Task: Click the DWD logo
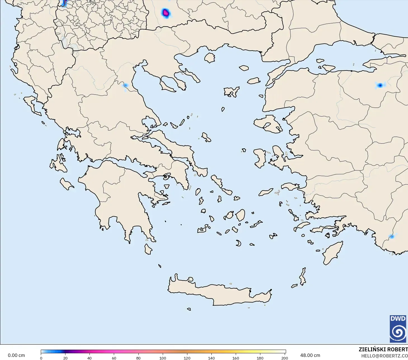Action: pyautogui.click(x=398, y=329)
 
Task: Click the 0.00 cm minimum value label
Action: pyautogui.click(x=16, y=355)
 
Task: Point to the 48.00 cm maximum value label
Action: pyautogui.click(x=310, y=355)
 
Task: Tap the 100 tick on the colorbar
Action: pyautogui.click(x=163, y=358)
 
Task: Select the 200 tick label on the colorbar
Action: pyautogui.click(x=284, y=358)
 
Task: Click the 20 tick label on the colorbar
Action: pyautogui.click(x=65, y=358)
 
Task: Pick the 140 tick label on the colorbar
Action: pyautogui.click(x=211, y=358)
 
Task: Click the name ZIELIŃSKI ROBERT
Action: pyautogui.click(x=383, y=349)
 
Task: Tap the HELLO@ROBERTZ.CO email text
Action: pyautogui.click(x=384, y=356)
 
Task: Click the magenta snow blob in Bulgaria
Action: pyautogui.click(x=166, y=13)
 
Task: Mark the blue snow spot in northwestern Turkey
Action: pyautogui.click(x=380, y=85)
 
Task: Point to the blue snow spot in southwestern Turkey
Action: pyautogui.click(x=392, y=237)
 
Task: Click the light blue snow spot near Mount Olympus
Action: pyautogui.click(x=125, y=85)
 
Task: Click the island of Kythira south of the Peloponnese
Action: pyautogui.click(x=148, y=249)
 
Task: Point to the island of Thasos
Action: pyautogui.click(x=209, y=58)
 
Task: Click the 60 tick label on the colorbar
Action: pyautogui.click(x=114, y=358)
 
